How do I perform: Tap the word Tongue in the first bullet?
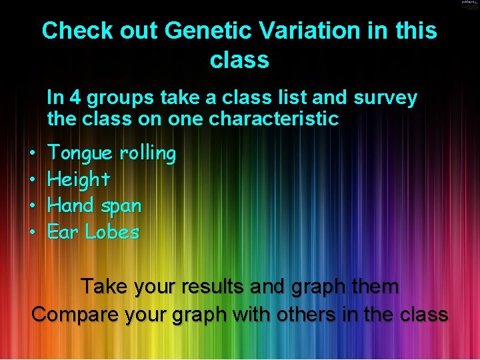coord(81,154)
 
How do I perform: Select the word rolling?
coord(147,153)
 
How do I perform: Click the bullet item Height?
coord(79,179)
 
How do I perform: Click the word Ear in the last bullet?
coord(63,232)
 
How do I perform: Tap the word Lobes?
coord(112,232)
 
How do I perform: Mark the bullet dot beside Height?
coord(33,180)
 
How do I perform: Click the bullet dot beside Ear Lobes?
coord(33,233)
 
